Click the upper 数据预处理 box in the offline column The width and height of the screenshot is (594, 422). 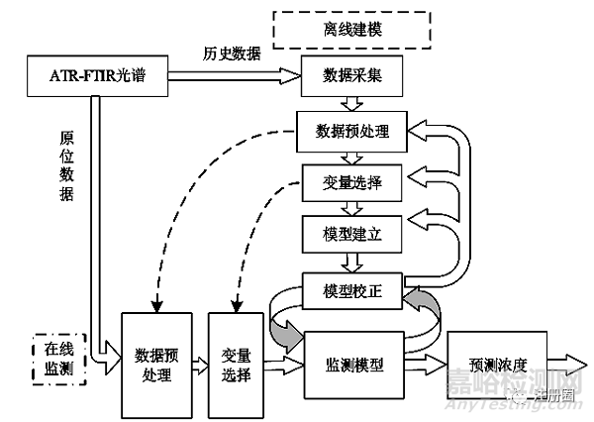[x=353, y=130]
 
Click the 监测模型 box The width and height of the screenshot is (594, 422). [x=353, y=364]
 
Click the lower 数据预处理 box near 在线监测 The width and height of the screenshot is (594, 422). [x=156, y=364]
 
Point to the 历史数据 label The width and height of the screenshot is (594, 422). [x=232, y=53]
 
